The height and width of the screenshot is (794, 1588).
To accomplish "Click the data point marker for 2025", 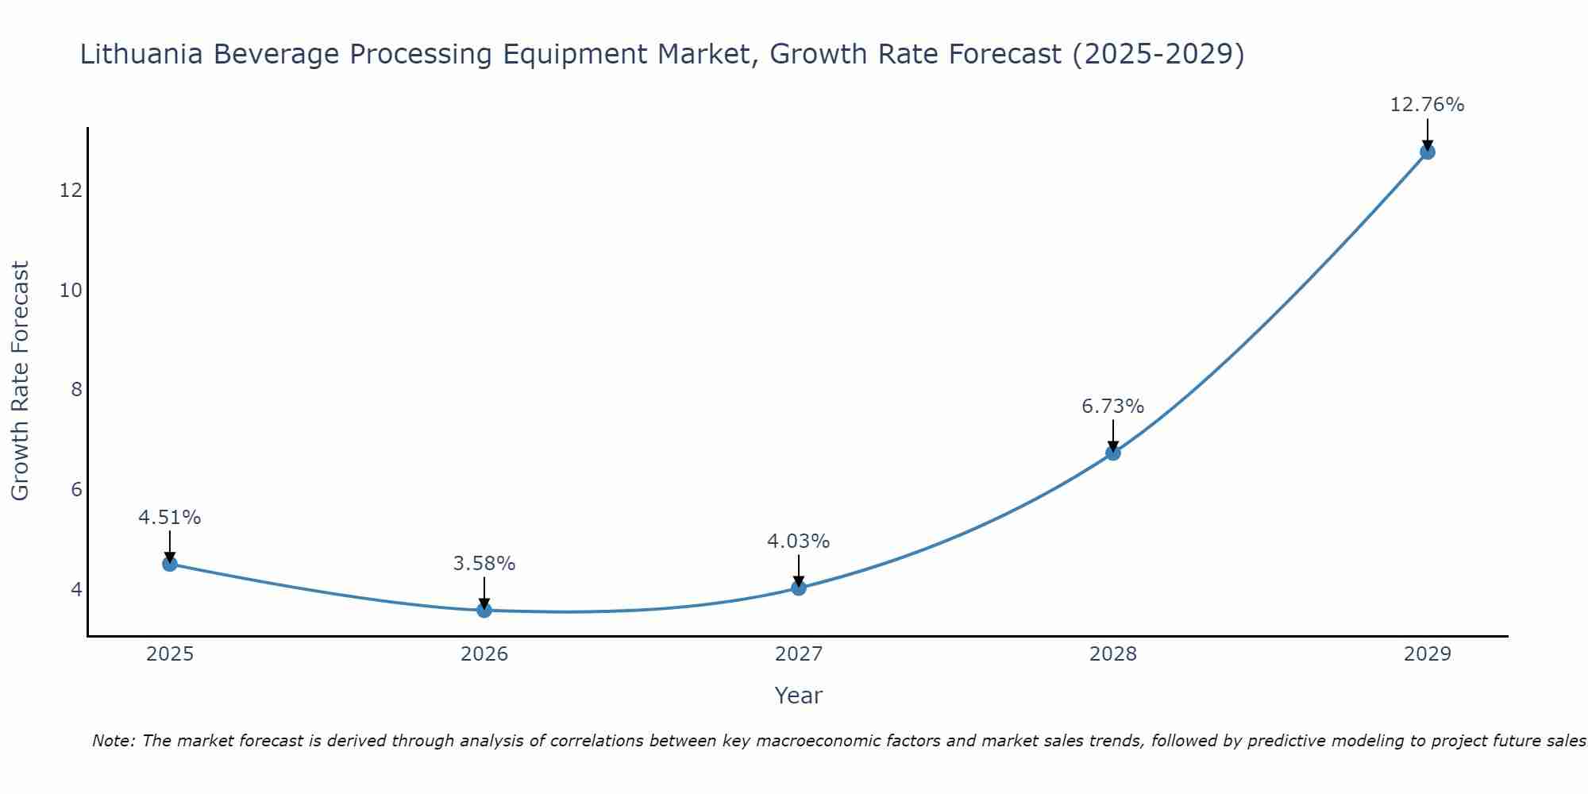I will pos(170,564).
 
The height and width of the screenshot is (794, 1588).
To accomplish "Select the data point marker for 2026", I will pos(484,610).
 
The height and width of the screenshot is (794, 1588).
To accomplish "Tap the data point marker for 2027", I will pos(799,588).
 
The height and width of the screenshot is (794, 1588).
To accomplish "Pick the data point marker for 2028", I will pos(1113,453).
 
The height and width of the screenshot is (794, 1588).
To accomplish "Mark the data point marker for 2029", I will pos(1427,152).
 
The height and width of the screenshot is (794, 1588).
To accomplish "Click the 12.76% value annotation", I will pos(1427,105).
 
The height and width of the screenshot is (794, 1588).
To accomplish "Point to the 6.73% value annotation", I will pos(1112,407).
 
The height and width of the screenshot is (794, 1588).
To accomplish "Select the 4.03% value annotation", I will pos(798,542).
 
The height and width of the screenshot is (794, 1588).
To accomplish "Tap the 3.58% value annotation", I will pos(484,564).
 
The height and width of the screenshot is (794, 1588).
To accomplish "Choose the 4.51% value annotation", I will pos(170,518).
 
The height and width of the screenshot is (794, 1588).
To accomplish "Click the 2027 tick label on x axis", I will pos(799,654).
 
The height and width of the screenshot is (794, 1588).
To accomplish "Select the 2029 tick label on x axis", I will pos(1427,654).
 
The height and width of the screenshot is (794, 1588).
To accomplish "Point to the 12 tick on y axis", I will pos(71,191).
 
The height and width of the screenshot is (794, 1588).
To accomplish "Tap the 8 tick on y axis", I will pos(76,390).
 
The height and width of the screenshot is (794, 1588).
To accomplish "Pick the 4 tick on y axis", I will pos(76,589).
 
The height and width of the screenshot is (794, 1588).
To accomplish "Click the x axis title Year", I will pos(798,696).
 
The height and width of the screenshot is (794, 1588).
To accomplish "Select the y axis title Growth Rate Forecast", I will pos(21,380).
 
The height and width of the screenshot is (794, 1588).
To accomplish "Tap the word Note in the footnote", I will pos(114,741).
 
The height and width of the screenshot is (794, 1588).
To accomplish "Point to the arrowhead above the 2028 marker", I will pos(1113,446).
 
